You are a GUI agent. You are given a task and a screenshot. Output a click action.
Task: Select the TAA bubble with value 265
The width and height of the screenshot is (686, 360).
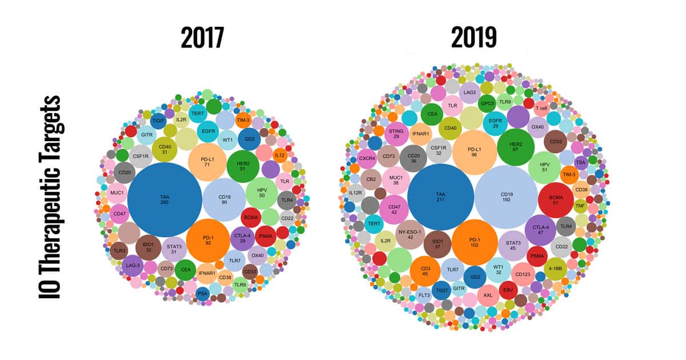[165, 199]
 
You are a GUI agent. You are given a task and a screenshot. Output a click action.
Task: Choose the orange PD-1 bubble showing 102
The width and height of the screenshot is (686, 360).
[475, 242]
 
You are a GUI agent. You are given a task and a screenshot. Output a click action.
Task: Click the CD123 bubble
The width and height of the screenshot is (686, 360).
[523, 274]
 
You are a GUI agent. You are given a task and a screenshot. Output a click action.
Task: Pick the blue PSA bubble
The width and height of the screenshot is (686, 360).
[202, 294]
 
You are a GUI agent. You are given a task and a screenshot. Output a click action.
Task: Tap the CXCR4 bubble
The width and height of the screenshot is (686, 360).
[367, 158]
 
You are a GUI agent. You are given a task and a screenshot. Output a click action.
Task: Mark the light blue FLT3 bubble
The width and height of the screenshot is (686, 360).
[424, 295]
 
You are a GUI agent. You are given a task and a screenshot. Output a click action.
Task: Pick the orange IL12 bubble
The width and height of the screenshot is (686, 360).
[280, 155]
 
